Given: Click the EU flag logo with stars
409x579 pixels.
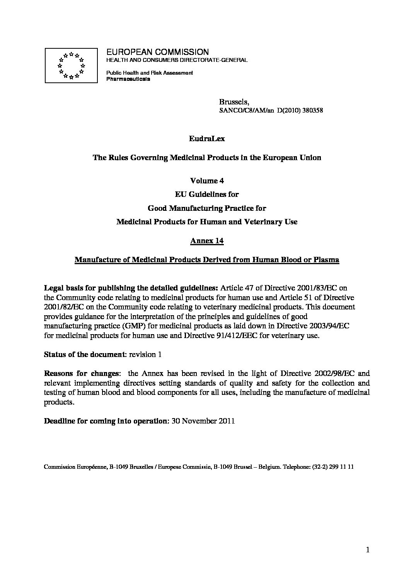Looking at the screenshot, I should (x=71, y=65).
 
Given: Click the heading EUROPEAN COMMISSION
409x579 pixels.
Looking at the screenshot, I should (x=157, y=52).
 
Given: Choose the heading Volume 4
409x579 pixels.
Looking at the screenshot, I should (x=207, y=181).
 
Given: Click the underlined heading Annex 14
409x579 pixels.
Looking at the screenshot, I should (x=207, y=241).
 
